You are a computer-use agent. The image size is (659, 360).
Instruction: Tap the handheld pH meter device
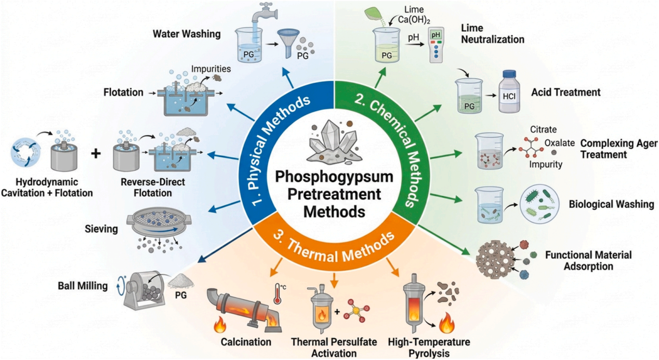coord(436,45)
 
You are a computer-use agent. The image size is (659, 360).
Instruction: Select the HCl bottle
coord(509,91)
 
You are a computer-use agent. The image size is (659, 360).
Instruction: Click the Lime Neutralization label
coord(493,34)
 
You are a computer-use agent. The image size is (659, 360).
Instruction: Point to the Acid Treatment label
coord(565,92)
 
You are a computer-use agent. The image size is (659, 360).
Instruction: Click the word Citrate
coord(543,129)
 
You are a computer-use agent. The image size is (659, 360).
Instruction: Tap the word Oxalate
coord(560,143)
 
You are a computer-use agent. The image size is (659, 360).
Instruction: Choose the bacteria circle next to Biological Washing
coord(539,204)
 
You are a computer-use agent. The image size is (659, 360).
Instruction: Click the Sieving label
coord(101,229)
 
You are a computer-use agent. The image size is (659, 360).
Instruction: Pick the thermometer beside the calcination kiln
coord(277,294)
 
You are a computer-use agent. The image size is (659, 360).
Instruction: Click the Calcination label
coord(246,342)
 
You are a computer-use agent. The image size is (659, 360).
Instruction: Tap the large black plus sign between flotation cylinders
coord(96,154)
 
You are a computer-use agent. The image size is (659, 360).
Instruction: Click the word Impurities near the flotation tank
coord(211,69)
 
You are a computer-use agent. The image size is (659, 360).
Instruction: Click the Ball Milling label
coord(83,286)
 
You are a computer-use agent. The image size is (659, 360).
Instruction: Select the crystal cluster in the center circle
coord(335,142)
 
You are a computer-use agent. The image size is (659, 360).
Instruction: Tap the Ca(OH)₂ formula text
coord(414,20)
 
